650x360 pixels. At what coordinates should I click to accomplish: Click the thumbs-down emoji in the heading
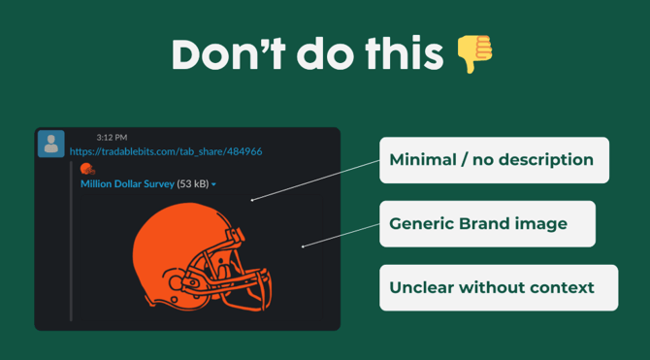point(474,54)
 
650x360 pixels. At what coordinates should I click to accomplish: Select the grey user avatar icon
point(51,144)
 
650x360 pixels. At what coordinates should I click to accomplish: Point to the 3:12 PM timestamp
point(112,138)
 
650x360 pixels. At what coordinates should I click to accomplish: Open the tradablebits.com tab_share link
point(166,151)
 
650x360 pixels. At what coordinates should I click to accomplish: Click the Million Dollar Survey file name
point(127,183)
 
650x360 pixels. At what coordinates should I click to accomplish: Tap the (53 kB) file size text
point(192,183)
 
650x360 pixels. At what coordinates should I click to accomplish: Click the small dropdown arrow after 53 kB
point(213,184)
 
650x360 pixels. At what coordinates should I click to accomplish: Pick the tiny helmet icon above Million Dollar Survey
point(87,169)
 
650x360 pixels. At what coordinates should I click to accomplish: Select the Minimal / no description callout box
point(494,160)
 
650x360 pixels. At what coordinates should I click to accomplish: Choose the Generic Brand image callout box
point(487,224)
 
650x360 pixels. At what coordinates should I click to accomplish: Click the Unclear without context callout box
point(498,288)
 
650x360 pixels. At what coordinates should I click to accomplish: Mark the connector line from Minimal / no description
point(315,180)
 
